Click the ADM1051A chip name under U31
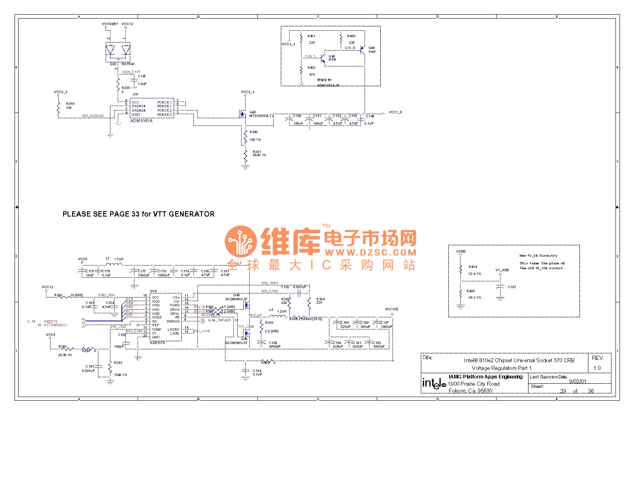pyautogui.click(x=141, y=121)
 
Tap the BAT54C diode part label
pyautogui.click(x=128, y=64)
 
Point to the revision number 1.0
pyautogui.click(x=597, y=368)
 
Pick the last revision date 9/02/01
pyautogui.click(x=577, y=381)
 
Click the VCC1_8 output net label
pyautogui.click(x=395, y=112)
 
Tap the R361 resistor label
pyautogui.click(x=257, y=152)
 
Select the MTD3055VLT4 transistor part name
pyautogui.click(x=261, y=116)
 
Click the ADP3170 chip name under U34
pyautogui.click(x=157, y=343)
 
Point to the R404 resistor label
pyautogui.click(x=473, y=267)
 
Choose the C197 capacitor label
pyautogui.click(x=512, y=287)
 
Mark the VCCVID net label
pyautogui.click(x=392, y=309)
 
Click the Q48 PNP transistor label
pyautogui.click(x=371, y=48)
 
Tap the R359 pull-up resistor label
pyautogui.click(x=70, y=104)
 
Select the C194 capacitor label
pyautogui.click(x=257, y=371)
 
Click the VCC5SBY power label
pyautogui.click(x=110, y=24)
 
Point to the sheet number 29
pyautogui.click(x=563, y=391)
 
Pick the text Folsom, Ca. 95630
pyautogui.click(x=470, y=391)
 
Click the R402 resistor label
pyautogui.click(x=311, y=68)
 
